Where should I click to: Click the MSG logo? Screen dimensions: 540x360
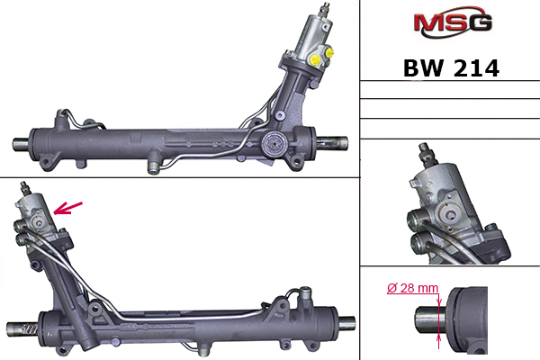coord(453,22)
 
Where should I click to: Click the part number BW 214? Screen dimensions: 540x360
coord(451,68)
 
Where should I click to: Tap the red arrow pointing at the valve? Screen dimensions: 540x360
coord(68,208)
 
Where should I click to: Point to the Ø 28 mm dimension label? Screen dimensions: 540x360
coord(412,288)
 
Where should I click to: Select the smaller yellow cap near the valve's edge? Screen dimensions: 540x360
coord(330,53)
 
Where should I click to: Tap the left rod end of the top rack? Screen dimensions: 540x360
coord(22,144)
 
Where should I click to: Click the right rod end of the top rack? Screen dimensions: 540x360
coord(332,142)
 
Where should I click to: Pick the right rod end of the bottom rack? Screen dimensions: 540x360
coord(346,323)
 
